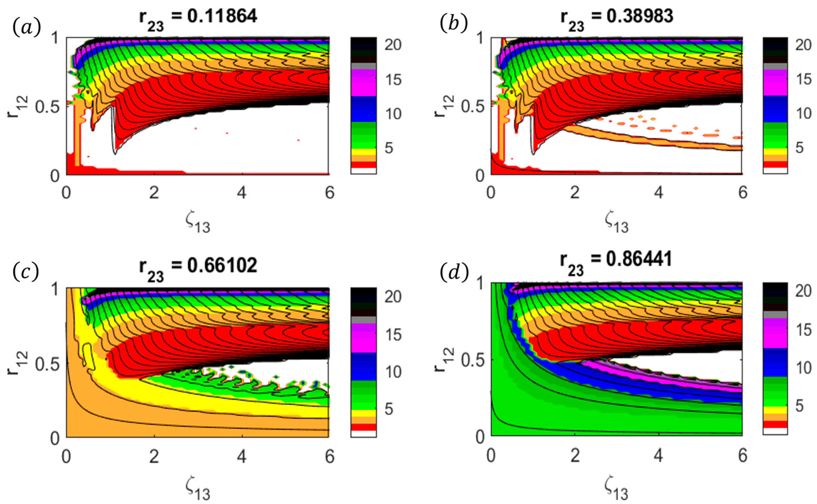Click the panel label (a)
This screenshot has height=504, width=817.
pyautogui.click(x=27, y=27)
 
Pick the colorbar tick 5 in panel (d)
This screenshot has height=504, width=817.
pyautogui.click(x=800, y=406)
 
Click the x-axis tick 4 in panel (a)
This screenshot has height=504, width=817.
pyautogui.click(x=242, y=193)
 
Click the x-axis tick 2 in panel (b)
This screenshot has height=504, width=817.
pyautogui.click(x=575, y=193)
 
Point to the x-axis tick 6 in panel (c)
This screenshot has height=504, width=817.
pyautogui.click(x=330, y=456)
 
